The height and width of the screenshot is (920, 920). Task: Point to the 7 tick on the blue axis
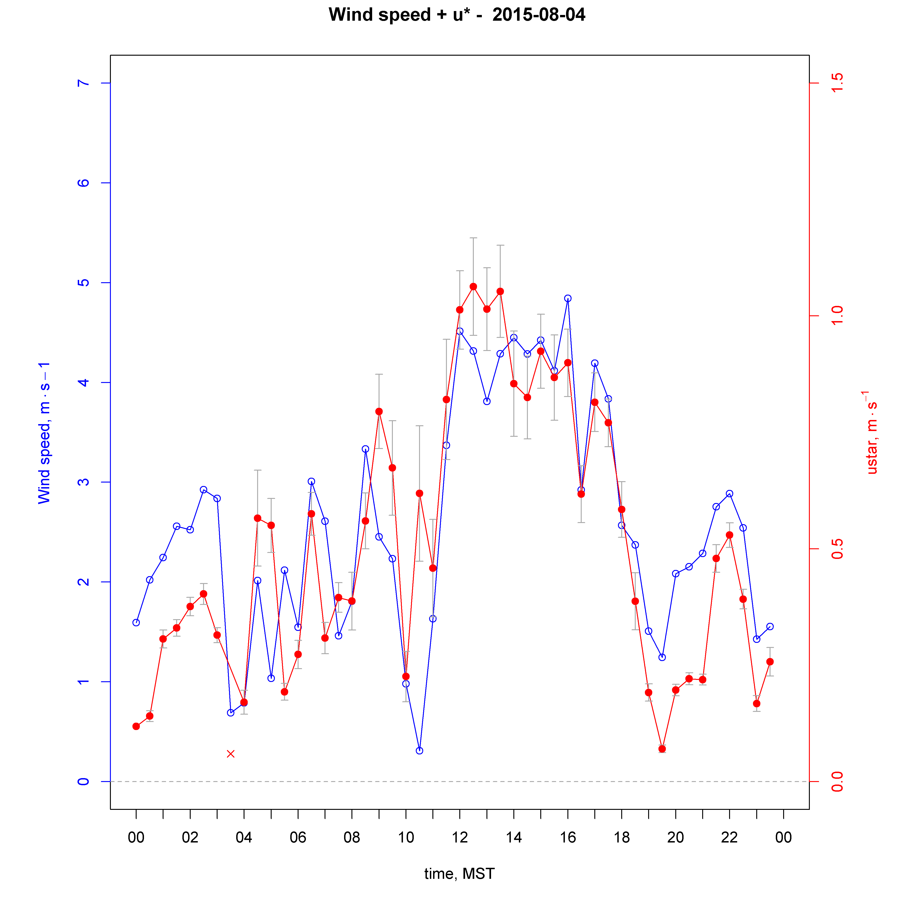coord(83,83)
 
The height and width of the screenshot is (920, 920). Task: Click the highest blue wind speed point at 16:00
coord(568,299)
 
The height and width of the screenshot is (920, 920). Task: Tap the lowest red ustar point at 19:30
coord(662,749)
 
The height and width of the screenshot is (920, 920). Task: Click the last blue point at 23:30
coord(770,627)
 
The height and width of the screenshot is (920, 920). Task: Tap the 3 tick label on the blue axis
coord(83,482)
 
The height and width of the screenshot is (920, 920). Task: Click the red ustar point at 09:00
coord(379,411)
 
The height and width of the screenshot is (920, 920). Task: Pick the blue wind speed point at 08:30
coord(365,449)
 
